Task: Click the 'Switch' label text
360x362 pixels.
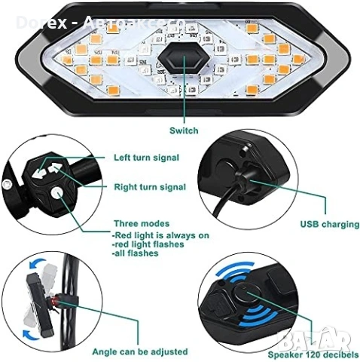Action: (x=184, y=130)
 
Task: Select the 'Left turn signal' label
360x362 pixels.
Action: (x=145, y=158)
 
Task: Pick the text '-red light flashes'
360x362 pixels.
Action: (x=146, y=245)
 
